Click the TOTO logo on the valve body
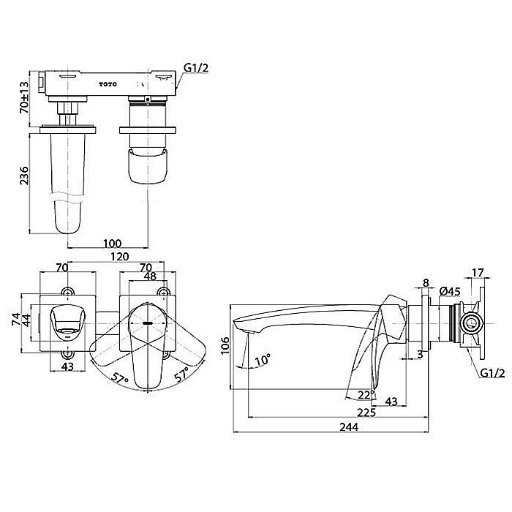tap(108, 84)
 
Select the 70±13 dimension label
tap(24, 97)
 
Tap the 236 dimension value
tap(24, 176)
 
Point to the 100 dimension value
tap(113, 244)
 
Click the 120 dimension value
tap(119, 257)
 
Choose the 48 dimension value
tap(150, 276)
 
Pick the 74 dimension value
tap(16, 318)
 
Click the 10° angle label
tap(263, 360)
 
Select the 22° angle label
tap(366, 395)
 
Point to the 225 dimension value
tap(366, 413)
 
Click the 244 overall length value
tap(349, 426)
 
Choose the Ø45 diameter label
tap(451, 291)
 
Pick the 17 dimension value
tap(478, 273)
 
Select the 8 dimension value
tap(426, 283)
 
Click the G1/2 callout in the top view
tap(196, 68)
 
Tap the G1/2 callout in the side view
tap(492, 373)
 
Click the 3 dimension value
tap(420, 354)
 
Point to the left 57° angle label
tap(119, 379)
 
